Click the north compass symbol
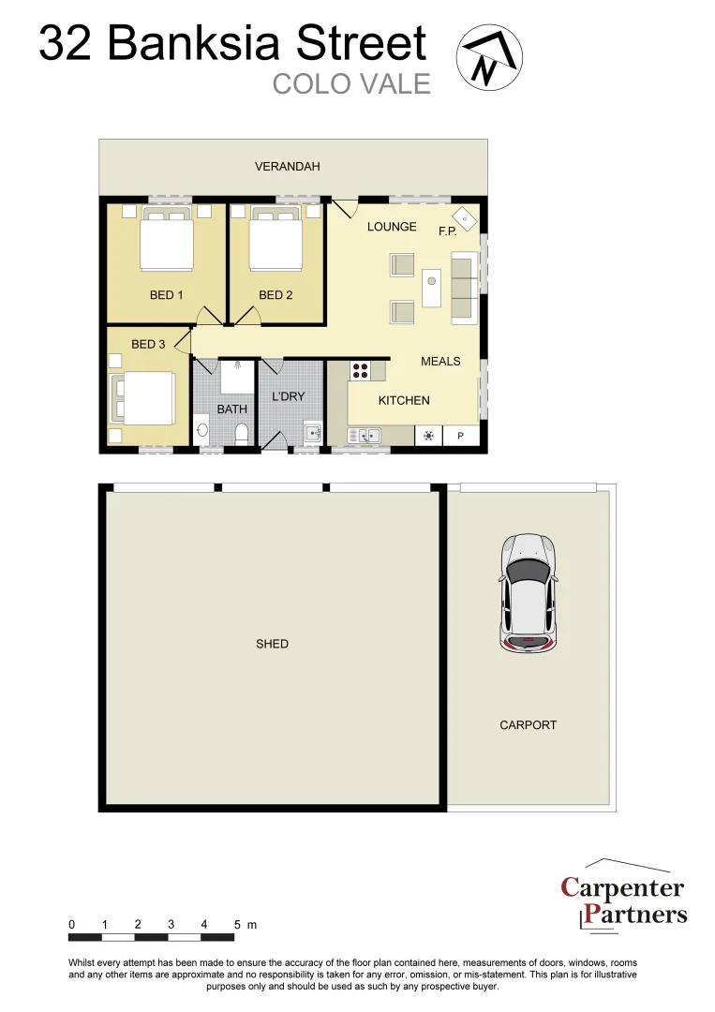click(489, 56)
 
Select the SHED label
click(272, 644)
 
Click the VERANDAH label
click(288, 167)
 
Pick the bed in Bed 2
click(275, 242)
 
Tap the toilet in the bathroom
click(241, 433)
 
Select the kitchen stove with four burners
click(360, 370)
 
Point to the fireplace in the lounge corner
click(465, 219)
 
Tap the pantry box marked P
click(460, 435)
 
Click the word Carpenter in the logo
click(622, 887)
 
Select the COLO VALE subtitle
click(351, 83)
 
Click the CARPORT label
click(528, 725)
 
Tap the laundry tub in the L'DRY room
click(311, 433)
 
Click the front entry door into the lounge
click(343, 210)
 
